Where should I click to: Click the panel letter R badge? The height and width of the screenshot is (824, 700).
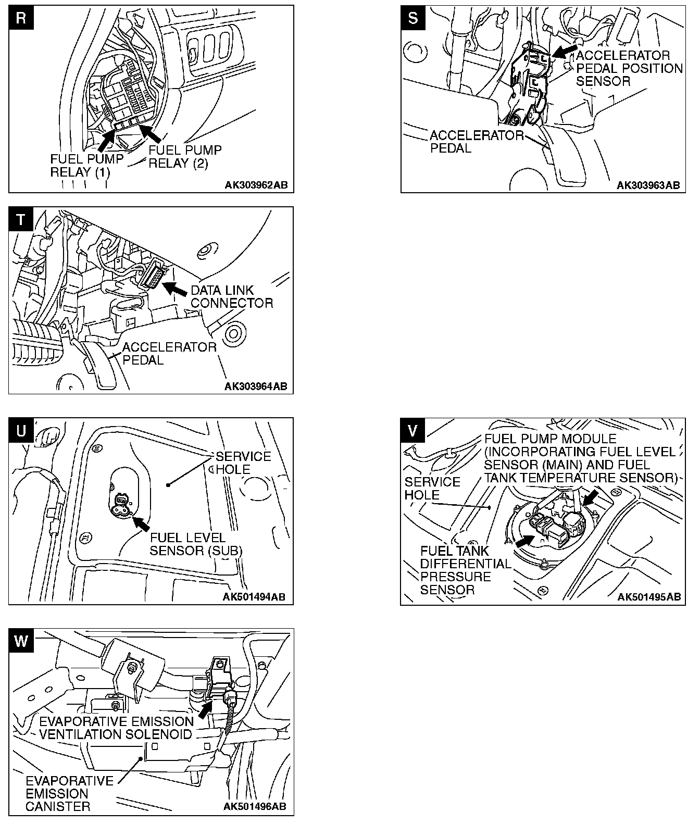pyautogui.click(x=21, y=18)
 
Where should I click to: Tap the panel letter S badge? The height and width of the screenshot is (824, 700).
pyautogui.click(x=413, y=18)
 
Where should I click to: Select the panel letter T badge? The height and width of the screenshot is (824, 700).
pyautogui.click(x=21, y=219)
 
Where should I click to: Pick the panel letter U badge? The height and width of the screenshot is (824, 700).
pyautogui.click(x=21, y=430)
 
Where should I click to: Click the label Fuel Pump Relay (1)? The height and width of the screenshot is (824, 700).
pyautogui.click(x=87, y=166)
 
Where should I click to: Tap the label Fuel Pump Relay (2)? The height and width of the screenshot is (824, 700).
pyautogui.click(x=185, y=156)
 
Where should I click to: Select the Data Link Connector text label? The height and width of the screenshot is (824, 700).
pyautogui.click(x=232, y=296)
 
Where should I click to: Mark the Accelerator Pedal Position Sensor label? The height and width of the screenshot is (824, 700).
pyautogui.click(x=629, y=68)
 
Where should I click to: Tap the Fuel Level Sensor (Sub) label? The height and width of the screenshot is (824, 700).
pyautogui.click(x=196, y=544)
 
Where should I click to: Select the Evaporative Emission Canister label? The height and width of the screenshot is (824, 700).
pyautogui.click(x=69, y=794)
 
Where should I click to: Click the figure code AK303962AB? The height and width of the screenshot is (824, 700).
pyautogui.click(x=256, y=185)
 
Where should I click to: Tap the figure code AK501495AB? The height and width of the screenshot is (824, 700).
pyautogui.click(x=648, y=597)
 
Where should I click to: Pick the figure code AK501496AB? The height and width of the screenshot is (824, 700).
pyautogui.click(x=255, y=807)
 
